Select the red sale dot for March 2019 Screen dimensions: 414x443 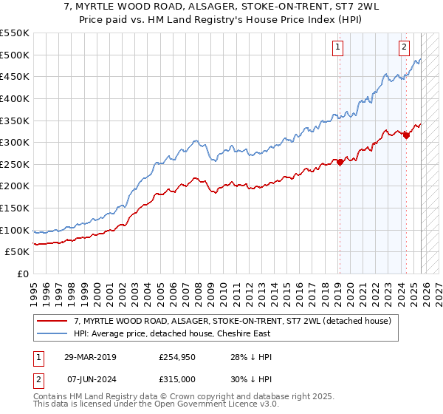pos(340,162)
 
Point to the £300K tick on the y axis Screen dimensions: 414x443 pos(15,142)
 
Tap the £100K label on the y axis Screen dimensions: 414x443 pos(15,230)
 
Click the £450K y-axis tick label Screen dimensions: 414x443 pos(15,76)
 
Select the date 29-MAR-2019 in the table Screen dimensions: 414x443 pos(85,357)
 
